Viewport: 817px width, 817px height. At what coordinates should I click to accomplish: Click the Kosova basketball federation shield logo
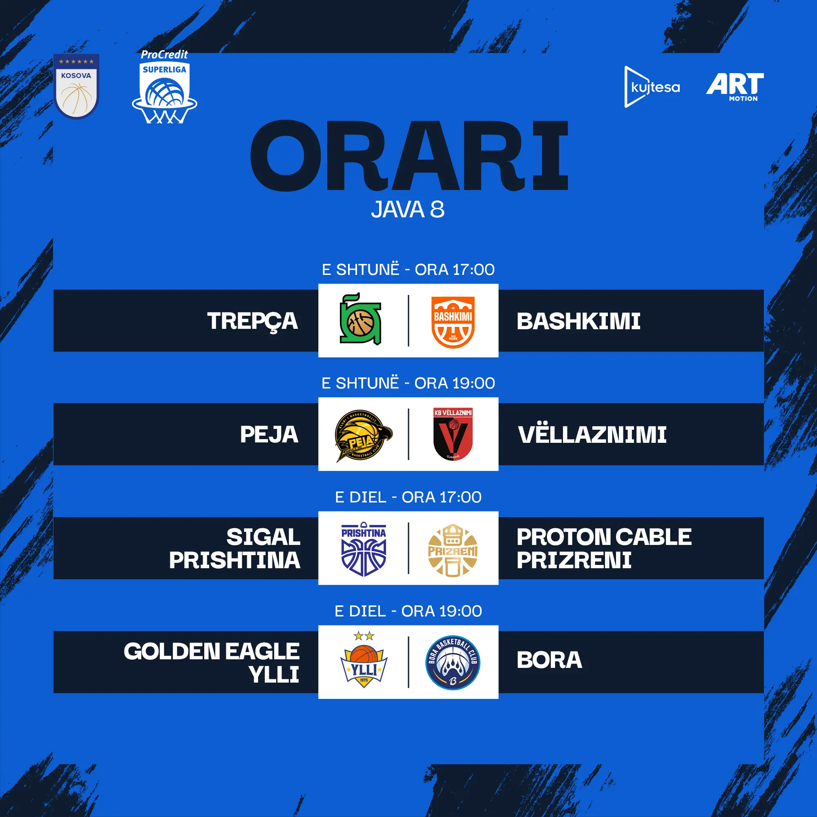(x=76, y=86)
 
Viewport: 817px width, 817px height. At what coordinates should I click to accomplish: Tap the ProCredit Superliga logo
(x=165, y=87)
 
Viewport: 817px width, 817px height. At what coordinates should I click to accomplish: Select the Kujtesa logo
(x=652, y=87)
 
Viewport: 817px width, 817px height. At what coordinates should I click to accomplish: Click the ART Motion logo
(x=735, y=87)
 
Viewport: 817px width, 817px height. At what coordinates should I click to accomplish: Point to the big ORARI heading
(x=408, y=156)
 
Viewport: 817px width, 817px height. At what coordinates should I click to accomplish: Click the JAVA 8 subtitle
(x=408, y=209)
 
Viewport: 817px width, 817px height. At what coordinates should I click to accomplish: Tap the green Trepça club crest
(x=361, y=319)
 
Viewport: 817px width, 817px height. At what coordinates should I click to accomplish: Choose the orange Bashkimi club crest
(x=453, y=322)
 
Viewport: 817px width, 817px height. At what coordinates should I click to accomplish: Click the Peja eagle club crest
(x=363, y=435)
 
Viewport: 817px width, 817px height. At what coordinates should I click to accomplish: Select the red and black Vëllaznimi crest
(x=453, y=434)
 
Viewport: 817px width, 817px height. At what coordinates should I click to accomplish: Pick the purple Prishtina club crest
(x=364, y=549)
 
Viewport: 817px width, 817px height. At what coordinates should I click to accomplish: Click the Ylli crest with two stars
(x=364, y=660)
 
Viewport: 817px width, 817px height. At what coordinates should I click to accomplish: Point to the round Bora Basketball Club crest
(x=453, y=663)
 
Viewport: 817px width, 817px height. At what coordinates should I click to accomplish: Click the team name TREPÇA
(x=252, y=321)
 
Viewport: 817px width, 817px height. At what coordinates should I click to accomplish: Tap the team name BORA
(x=549, y=660)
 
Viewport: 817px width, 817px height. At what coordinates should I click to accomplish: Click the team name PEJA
(x=269, y=434)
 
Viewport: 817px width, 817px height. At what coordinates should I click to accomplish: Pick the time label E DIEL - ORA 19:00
(x=408, y=611)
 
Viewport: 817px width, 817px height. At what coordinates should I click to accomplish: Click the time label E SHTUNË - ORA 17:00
(x=408, y=269)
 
